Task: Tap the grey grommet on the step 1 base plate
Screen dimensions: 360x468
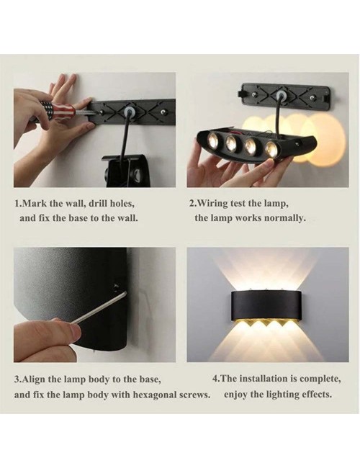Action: click(130, 112)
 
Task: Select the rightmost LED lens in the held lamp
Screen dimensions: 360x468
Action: click(271, 148)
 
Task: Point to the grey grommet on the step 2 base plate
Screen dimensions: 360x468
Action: click(280, 96)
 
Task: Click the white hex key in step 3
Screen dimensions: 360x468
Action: click(99, 308)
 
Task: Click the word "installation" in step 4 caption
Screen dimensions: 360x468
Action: click(264, 379)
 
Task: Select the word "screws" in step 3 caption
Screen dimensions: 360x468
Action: click(194, 395)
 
